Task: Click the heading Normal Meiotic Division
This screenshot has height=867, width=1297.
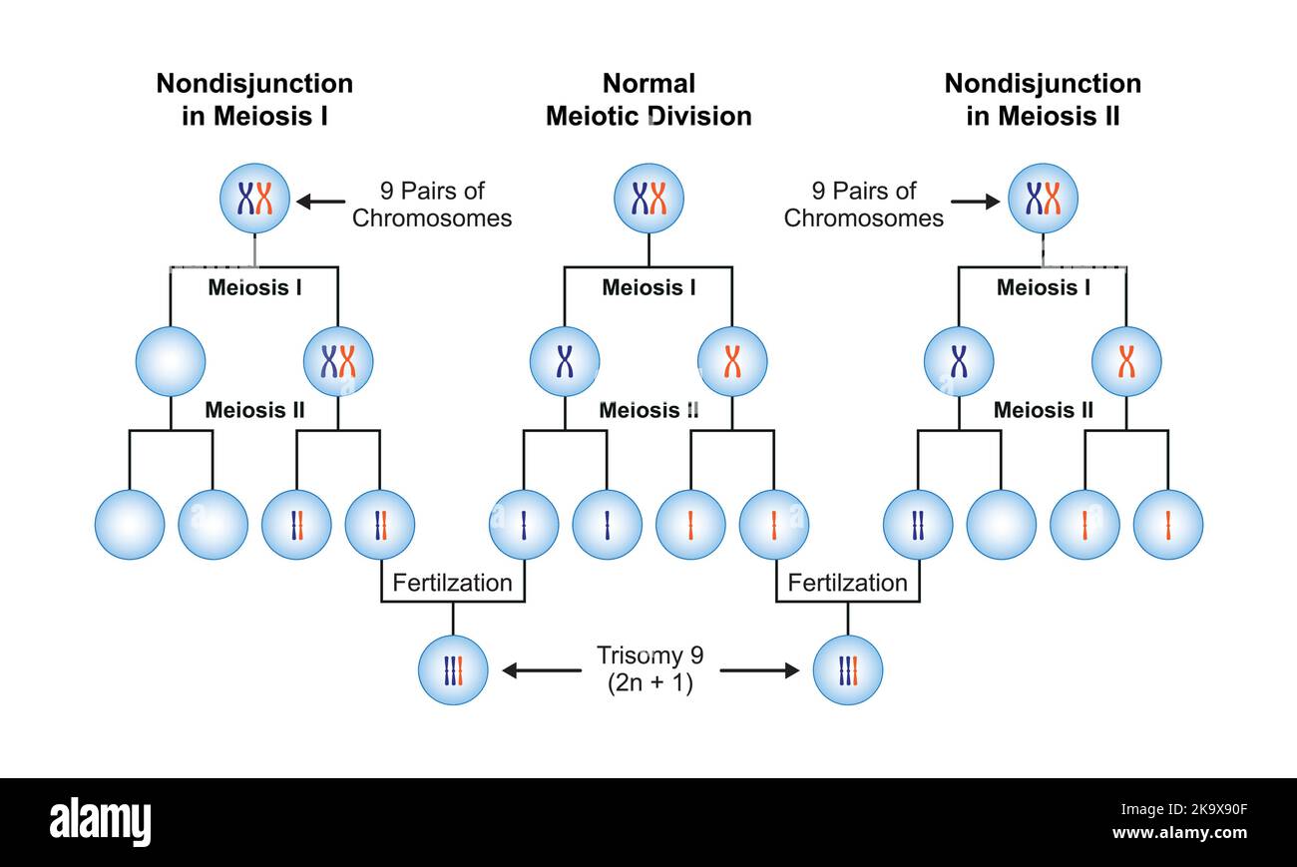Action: click(648, 100)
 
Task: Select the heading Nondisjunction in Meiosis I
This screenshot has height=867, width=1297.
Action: click(254, 100)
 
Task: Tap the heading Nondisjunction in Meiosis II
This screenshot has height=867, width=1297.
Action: click(1043, 100)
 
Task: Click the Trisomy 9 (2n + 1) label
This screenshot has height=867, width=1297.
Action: click(649, 669)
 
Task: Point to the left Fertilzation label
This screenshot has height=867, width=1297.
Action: click(452, 583)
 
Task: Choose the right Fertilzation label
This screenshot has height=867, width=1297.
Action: click(847, 583)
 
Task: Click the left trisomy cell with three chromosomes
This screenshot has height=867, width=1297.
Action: click(453, 670)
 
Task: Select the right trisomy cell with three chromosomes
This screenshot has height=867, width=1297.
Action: click(848, 670)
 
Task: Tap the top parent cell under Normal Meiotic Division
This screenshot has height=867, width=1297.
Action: click(648, 199)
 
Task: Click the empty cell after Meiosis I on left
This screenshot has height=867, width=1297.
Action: click(171, 361)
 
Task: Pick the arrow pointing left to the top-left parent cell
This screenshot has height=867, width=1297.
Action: click(319, 202)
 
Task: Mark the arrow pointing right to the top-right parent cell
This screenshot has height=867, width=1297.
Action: click(974, 202)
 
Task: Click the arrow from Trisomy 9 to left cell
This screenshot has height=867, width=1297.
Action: click(541, 670)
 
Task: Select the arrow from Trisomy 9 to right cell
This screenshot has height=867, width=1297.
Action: click(759, 670)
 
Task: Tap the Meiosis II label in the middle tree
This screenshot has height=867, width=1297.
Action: click(648, 410)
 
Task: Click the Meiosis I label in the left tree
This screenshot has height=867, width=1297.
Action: click(254, 287)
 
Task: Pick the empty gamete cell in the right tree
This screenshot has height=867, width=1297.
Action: click(1002, 525)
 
